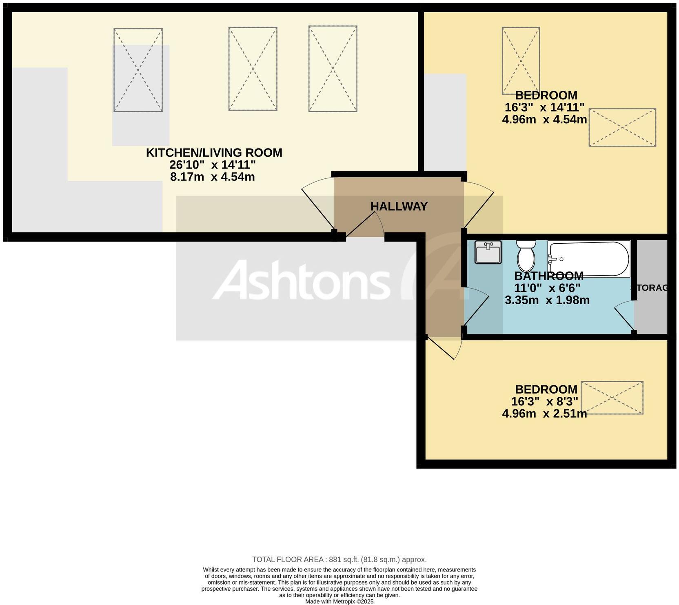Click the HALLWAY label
pos(399,207)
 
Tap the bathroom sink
pos(488,253)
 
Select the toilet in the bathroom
pos(526,255)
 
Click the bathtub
pos(588,259)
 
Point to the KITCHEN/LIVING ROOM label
pos(214,153)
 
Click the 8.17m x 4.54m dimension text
pos(212,177)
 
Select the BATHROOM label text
pos(548,276)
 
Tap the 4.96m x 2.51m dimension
pos(544,414)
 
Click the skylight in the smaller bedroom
pos(612,398)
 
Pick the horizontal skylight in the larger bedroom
pos(622,127)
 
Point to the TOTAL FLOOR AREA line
pos(339,560)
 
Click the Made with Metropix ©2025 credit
pos(339,601)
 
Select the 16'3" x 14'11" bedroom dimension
pos(544,108)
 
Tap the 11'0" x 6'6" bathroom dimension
pos(547,288)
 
